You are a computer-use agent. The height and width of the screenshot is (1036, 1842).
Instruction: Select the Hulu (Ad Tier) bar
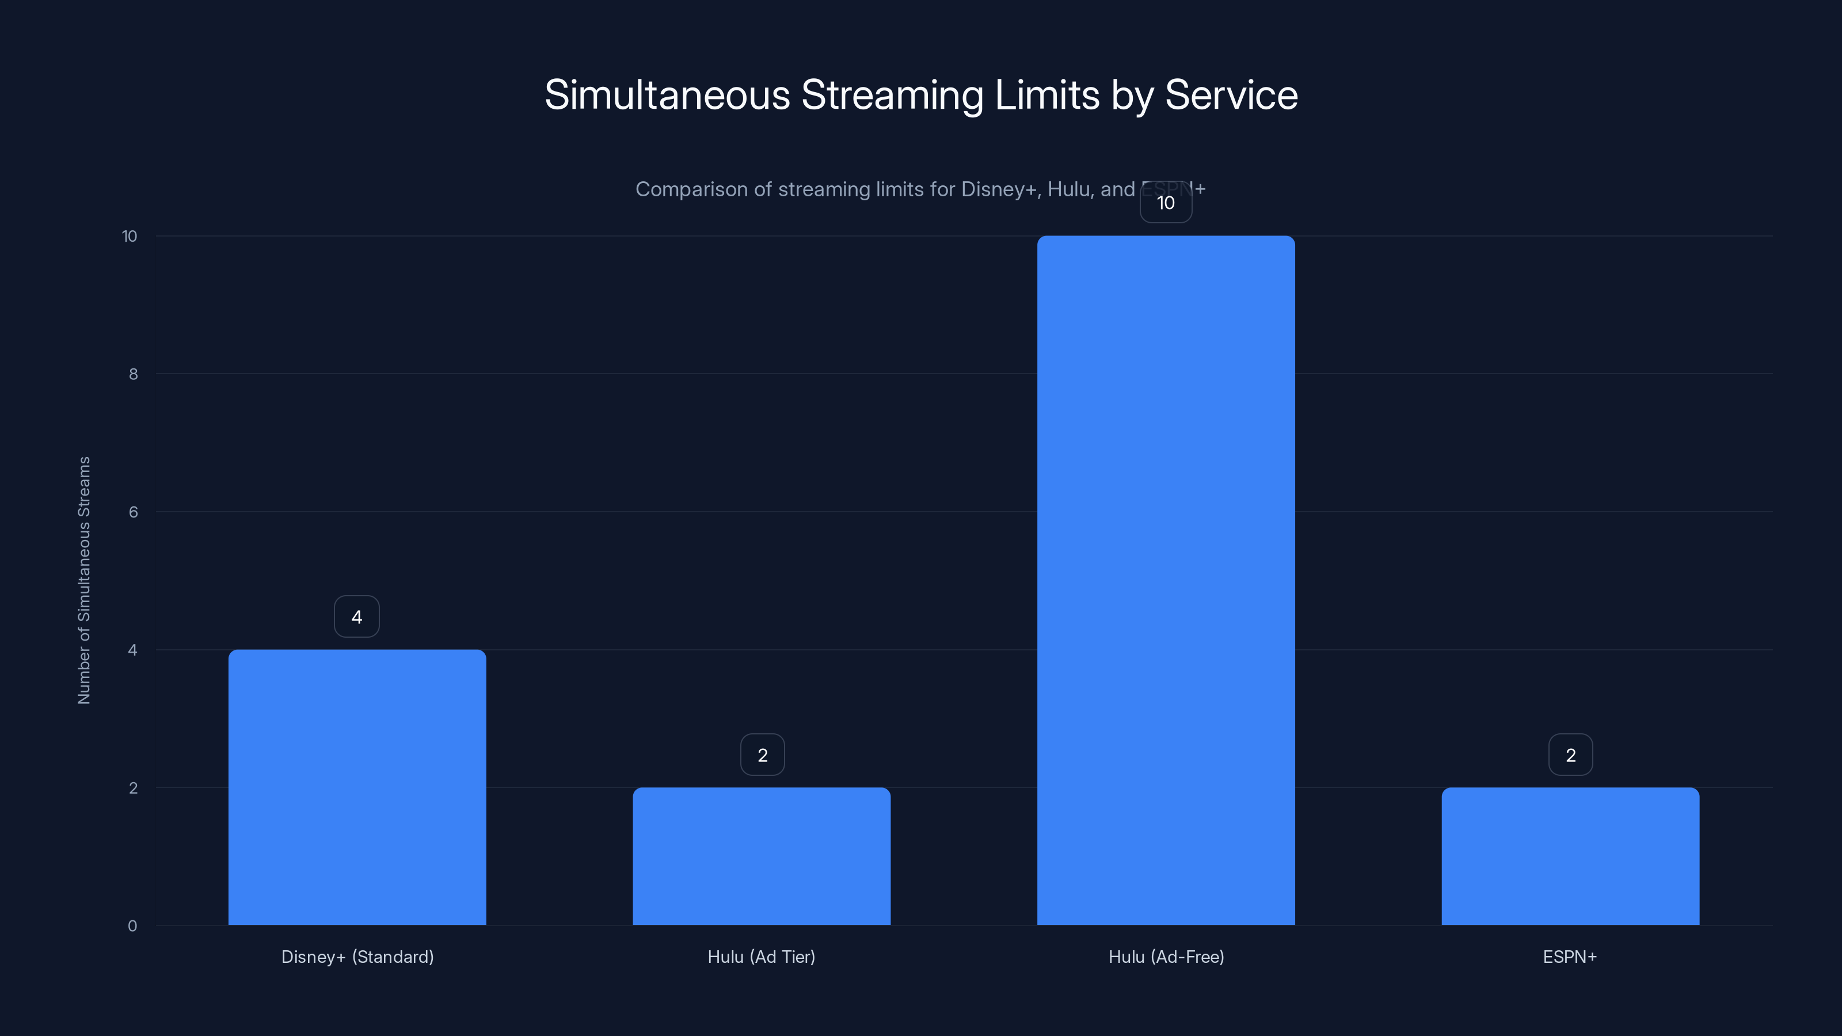tap(762, 856)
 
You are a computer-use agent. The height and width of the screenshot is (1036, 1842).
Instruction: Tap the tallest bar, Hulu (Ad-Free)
tap(1166, 580)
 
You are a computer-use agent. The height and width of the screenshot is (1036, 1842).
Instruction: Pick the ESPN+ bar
tap(1570, 856)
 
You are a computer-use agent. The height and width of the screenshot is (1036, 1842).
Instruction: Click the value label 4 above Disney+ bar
tap(357, 616)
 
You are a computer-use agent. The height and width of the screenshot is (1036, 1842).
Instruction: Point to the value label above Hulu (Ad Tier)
tap(762, 755)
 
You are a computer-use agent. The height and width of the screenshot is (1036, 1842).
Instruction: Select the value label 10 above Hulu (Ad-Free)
tap(1166, 203)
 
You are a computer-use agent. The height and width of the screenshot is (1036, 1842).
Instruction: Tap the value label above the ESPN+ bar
tap(1570, 755)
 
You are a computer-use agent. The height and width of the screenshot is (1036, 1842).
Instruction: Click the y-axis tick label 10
tap(130, 236)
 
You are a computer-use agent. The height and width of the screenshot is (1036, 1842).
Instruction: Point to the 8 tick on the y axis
tap(133, 374)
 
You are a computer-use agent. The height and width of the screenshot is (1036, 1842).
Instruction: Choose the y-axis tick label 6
tap(133, 512)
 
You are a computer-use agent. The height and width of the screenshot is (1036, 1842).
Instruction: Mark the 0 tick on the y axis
tap(132, 926)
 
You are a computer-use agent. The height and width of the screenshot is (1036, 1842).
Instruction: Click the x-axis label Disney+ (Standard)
tap(357, 957)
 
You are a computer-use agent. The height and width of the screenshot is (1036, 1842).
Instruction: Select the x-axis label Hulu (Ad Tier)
tap(762, 957)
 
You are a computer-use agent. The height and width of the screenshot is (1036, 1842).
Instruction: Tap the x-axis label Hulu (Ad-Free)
tap(1166, 957)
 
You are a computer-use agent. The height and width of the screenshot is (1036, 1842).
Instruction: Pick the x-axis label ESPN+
tap(1570, 957)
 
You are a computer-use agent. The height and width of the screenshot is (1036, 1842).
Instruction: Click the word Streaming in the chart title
tap(892, 95)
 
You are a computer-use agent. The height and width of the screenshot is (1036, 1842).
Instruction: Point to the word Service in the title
tap(1231, 95)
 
